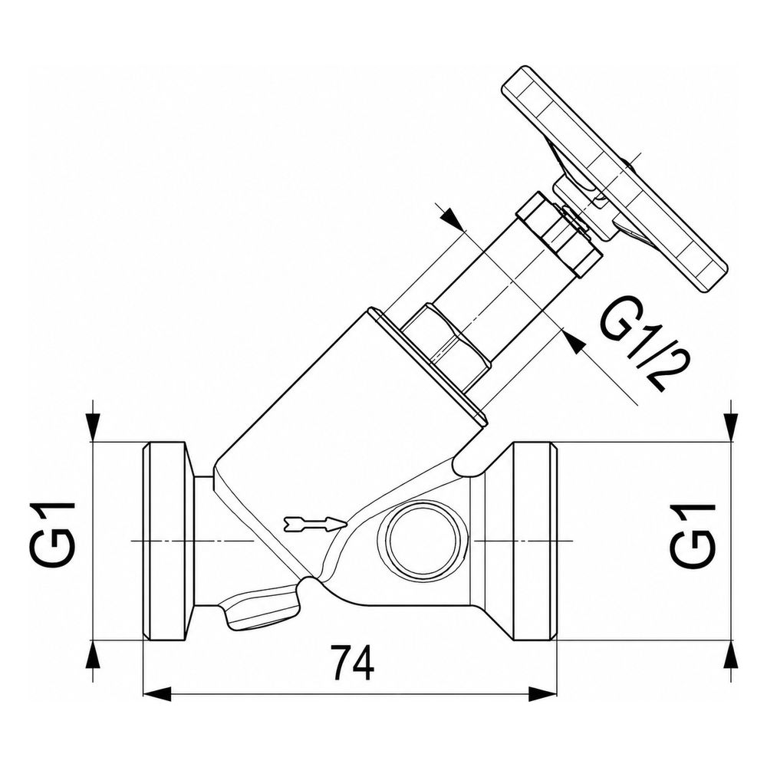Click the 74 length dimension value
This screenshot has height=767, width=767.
(352, 663)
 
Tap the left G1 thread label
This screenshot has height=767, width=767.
(51, 534)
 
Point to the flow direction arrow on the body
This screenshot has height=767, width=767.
(315, 525)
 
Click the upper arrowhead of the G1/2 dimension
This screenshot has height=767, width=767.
(452, 218)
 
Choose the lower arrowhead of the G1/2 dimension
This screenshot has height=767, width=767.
(573, 341)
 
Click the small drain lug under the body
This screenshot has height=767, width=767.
(259, 607)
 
